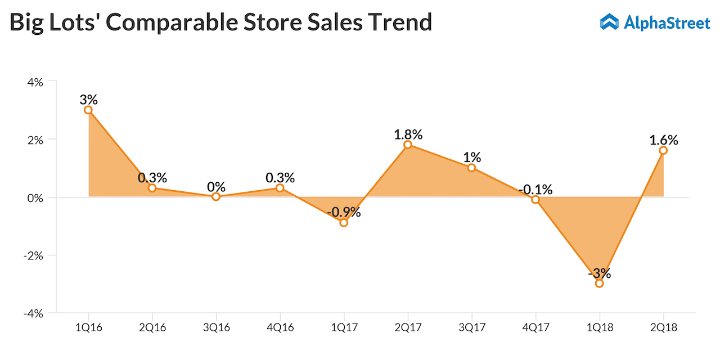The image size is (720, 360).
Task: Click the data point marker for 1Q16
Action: click(88, 110)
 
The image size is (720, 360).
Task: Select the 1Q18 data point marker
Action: click(599, 283)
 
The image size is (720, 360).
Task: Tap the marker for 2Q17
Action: click(408, 145)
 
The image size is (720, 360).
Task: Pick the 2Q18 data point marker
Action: click(663, 150)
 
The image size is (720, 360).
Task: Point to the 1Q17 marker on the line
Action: click(344, 223)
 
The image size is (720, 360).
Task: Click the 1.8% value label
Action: click(408, 134)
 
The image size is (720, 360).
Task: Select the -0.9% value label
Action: click(344, 213)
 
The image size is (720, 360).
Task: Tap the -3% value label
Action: click(599, 274)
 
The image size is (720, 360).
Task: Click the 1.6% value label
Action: click(663, 140)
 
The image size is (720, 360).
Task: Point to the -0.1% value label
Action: click(535, 189)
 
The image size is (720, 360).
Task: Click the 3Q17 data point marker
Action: click(471, 168)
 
